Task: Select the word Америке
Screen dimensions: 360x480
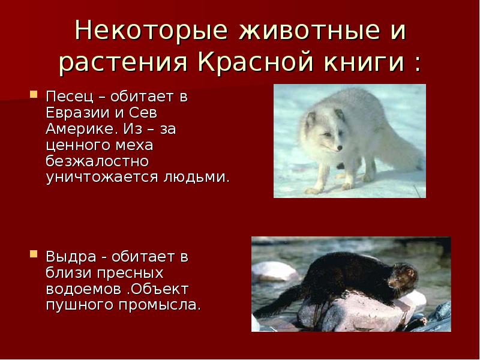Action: [75, 129]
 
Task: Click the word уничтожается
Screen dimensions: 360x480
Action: [100, 178]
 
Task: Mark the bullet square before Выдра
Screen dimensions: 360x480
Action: [34, 254]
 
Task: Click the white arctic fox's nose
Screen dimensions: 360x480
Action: [340, 148]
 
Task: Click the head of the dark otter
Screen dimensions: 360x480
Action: [407, 277]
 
